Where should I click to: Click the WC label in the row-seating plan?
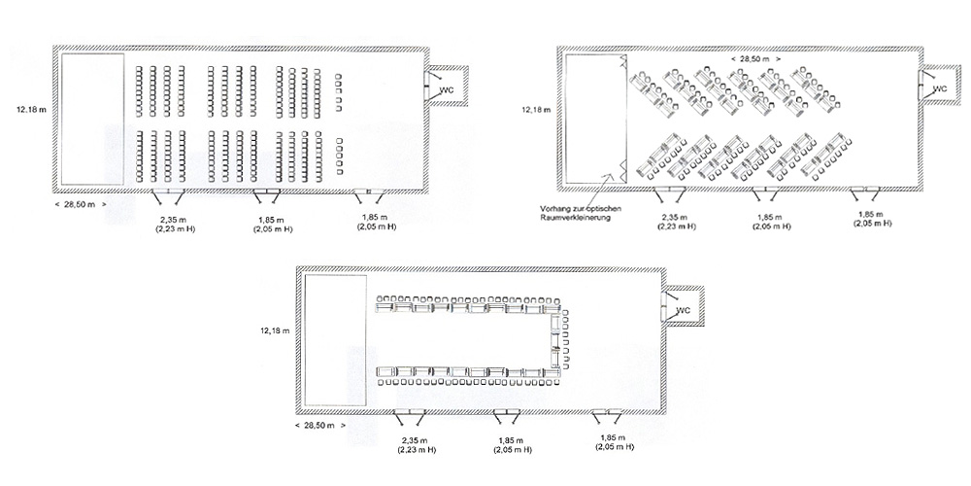pos(447,90)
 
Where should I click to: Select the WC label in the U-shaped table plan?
pos(684,310)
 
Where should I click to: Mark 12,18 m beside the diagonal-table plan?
pos(535,110)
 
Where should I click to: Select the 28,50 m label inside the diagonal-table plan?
pos(754,58)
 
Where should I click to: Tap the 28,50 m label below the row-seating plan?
pos(81,204)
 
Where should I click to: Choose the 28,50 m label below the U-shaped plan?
pos(319,426)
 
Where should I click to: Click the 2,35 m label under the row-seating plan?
pos(168,219)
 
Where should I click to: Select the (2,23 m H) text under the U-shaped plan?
pos(417,450)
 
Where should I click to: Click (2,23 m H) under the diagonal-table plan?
pos(676,226)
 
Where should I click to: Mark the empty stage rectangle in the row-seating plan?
pos(93,119)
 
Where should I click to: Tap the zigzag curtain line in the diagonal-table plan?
pos(624,118)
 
